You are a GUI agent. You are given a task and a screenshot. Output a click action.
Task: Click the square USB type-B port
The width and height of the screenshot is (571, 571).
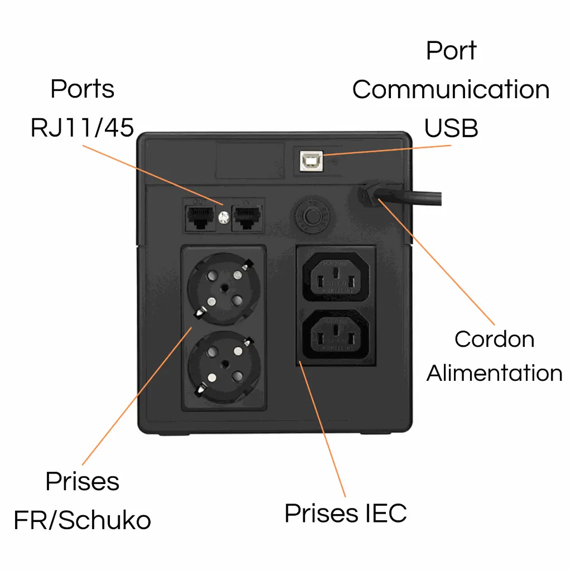click(309, 161)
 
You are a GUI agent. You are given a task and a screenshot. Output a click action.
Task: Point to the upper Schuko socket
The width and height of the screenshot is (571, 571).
click(224, 288)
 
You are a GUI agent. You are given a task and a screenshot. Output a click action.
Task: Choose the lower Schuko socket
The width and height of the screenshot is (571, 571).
click(224, 367)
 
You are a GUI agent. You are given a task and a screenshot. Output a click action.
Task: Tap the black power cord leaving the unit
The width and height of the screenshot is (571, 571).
click(413, 197)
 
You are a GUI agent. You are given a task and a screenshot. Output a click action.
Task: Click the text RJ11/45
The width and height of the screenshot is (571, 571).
click(83, 128)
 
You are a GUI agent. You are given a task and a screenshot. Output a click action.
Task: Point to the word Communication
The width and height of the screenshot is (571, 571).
click(451, 89)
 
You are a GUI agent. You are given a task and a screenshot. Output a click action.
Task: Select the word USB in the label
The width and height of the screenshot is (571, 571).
click(451, 128)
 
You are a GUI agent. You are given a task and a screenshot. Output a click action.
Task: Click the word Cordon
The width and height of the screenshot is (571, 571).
click(494, 339)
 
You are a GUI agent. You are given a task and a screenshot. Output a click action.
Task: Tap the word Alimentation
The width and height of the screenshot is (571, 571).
click(494, 372)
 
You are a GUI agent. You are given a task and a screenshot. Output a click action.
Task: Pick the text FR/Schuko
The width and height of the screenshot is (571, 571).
click(83, 520)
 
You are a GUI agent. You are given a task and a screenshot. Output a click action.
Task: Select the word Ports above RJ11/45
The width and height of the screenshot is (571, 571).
click(83, 89)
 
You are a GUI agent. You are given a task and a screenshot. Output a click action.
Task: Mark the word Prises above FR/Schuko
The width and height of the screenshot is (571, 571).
click(83, 481)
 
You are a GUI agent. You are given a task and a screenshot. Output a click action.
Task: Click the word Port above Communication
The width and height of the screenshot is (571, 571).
click(451, 50)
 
